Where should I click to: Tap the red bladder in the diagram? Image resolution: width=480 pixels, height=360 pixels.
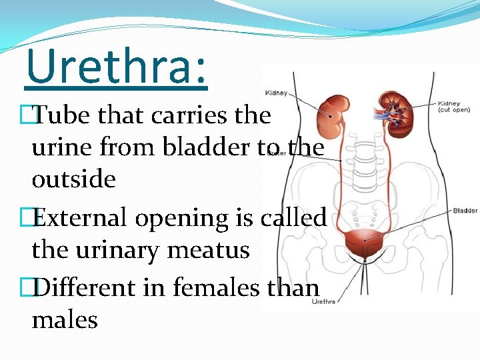(x=363, y=245)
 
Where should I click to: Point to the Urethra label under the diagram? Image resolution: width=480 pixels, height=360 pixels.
(x=323, y=301)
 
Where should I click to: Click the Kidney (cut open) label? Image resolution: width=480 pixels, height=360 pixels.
(x=454, y=107)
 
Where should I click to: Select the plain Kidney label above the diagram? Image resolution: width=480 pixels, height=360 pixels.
(x=276, y=93)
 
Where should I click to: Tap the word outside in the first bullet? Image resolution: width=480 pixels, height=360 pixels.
(x=73, y=179)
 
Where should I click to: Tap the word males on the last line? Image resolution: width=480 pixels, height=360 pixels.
(x=65, y=320)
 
